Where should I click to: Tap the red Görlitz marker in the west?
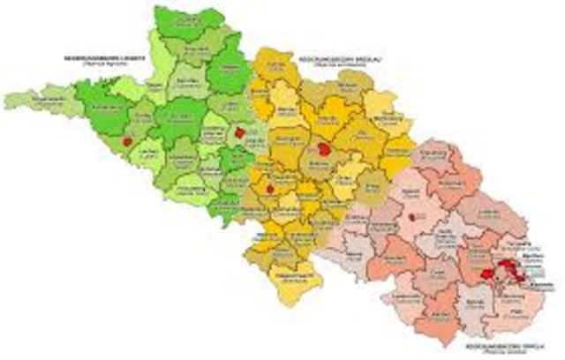[x=128, y=140]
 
